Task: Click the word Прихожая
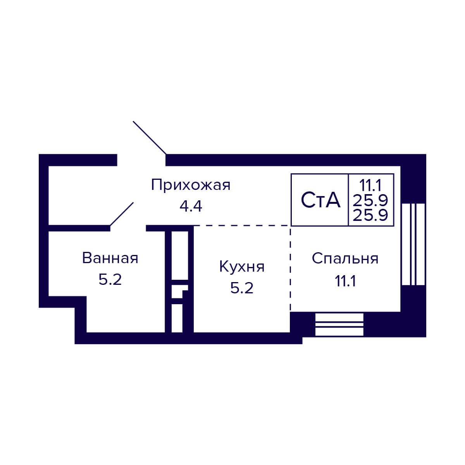191,185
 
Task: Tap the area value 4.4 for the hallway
191,206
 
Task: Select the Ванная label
110,258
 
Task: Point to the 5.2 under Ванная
110,279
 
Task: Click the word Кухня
242,267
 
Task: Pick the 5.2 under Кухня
242,288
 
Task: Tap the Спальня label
345,258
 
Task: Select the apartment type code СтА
320,200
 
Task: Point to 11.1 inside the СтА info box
370,183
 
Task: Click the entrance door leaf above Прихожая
150,137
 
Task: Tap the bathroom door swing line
122,214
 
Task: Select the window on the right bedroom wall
413,244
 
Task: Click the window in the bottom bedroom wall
339,324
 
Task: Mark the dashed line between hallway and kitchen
242,225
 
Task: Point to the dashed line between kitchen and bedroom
290,267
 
